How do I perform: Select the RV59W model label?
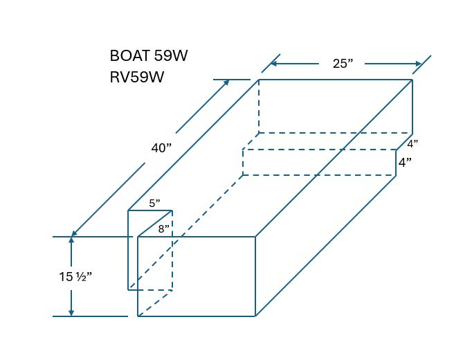(136, 77)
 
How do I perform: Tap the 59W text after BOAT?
(168, 56)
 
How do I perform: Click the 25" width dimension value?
(343, 64)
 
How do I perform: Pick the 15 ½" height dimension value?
(75, 277)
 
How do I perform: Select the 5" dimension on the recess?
(154, 204)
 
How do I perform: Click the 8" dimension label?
(163, 228)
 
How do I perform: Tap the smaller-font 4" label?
(412, 144)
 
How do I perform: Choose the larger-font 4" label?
(406, 163)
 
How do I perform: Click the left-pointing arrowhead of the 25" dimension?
(273, 64)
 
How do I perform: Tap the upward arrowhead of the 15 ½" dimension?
(71, 242)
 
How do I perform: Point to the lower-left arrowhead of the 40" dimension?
(73, 233)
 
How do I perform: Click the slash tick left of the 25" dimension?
(271, 63)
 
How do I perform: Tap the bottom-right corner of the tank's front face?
(255, 316)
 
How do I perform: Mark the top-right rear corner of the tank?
(412, 80)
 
